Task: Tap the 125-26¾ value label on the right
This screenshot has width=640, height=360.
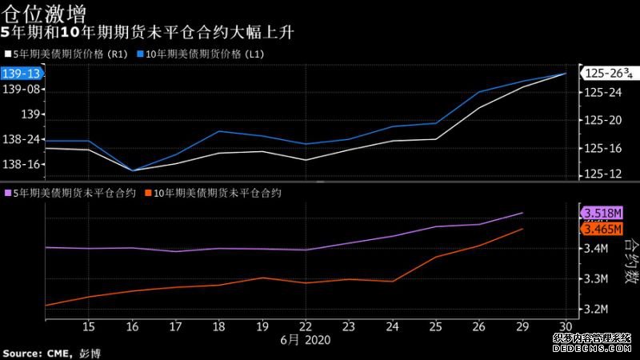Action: coord(607,74)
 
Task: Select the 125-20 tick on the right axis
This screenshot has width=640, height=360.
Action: coord(603,121)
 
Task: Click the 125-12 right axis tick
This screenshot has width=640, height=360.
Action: coord(603,174)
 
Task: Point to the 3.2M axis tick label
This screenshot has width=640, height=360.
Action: coord(598,309)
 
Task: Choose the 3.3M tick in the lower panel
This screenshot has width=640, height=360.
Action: coord(598,278)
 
